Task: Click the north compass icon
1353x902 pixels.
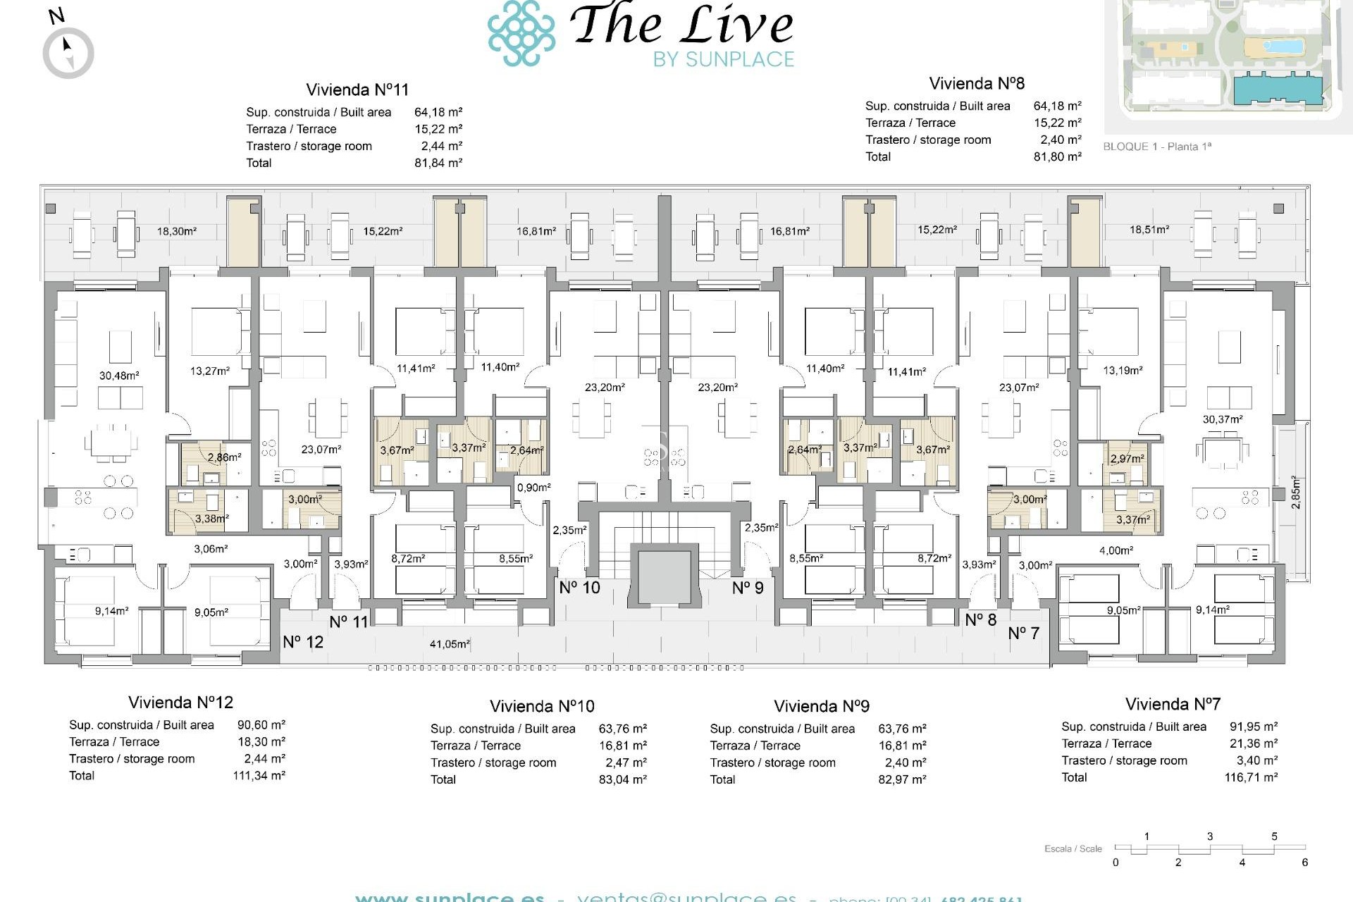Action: pyautogui.click(x=68, y=53)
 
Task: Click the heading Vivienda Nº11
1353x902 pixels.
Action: pyautogui.click(x=357, y=89)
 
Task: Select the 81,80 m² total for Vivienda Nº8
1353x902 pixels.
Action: pyautogui.click(x=1057, y=156)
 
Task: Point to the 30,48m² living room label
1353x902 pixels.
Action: pyautogui.click(x=119, y=376)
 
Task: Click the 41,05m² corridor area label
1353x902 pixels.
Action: pyautogui.click(x=450, y=643)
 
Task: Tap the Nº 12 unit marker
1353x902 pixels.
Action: pyautogui.click(x=303, y=642)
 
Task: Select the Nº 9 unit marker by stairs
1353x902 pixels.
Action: pyautogui.click(x=748, y=588)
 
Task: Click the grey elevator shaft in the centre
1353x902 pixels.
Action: pyautogui.click(x=665, y=576)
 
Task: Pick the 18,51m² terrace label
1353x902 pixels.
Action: pyautogui.click(x=1149, y=230)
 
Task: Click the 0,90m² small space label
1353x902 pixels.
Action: pyautogui.click(x=533, y=488)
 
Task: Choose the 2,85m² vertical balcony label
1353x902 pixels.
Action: pyautogui.click(x=1295, y=492)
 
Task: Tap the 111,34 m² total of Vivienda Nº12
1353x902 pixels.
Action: pyautogui.click(x=259, y=775)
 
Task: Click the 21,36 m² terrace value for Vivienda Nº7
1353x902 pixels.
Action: pyautogui.click(x=1254, y=743)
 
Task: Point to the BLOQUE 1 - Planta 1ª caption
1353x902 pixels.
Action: pyautogui.click(x=1157, y=147)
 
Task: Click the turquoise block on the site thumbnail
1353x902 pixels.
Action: pyautogui.click(x=1277, y=89)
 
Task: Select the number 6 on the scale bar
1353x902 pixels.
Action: pyautogui.click(x=1304, y=863)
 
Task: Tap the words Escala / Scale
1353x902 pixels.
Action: pyautogui.click(x=1073, y=848)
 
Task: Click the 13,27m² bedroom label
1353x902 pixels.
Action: pyautogui.click(x=210, y=371)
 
